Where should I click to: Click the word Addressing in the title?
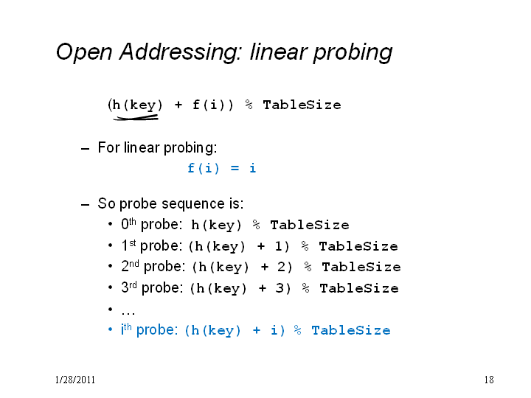tap(181, 52)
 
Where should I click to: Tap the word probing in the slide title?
tap(353, 53)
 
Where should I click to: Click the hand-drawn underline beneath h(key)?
tap(136, 117)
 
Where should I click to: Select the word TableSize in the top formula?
tap(302, 105)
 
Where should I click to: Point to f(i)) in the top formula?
tap(213, 105)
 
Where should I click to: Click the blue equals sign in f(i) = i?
tap(235, 168)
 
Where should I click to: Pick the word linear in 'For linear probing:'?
tap(141, 147)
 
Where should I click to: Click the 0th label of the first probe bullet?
tap(128, 224)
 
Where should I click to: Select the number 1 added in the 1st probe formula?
tap(278, 246)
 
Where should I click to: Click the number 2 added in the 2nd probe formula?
tap(282, 267)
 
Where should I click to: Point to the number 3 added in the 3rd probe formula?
tap(280, 288)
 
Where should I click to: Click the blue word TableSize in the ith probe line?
tap(351, 330)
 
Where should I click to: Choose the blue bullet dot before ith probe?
tap(110, 329)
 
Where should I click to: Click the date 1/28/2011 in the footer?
tap(75, 380)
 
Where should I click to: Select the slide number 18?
tap(489, 380)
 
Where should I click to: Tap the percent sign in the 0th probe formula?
tap(256, 225)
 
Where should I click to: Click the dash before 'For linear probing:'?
tap(85, 149)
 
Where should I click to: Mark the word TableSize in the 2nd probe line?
tap(361, 267)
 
